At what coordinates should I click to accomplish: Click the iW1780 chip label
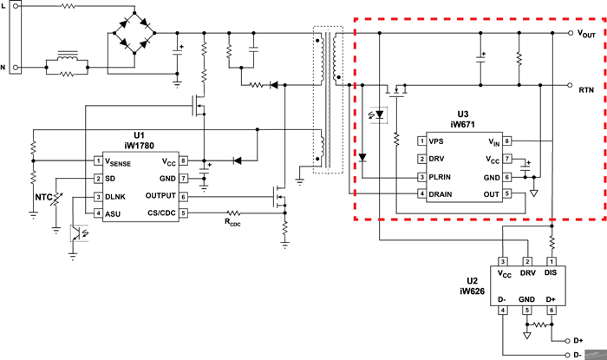coord(139,147)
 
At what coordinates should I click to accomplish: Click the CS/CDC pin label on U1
coord(159,213)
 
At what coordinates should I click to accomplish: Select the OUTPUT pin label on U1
coord(160,196)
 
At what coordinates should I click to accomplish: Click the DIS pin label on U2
coord(551,273)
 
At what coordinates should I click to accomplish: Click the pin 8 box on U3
coord(506,141)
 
